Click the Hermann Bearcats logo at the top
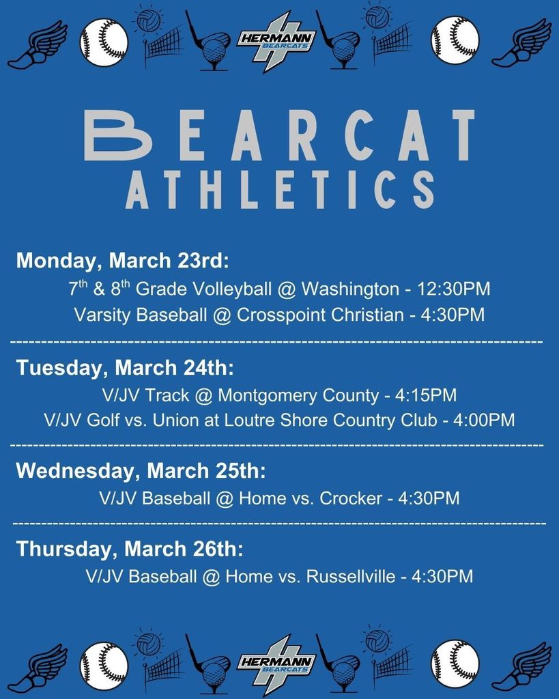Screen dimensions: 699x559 (x=276, y=40)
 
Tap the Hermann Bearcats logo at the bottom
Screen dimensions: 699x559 (x=276, y=662)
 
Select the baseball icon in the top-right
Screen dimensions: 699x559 (x=455, y=40)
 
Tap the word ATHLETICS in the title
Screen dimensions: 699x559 (x=280, y=189)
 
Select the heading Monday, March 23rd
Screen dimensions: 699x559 (x=123, y=260)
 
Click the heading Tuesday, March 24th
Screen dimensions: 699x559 (x=125, y=367)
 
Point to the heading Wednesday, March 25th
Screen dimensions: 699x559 (x=141, y=470)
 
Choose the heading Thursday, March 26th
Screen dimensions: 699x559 (x=130, y=549)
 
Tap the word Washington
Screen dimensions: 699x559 (x=349, y=289)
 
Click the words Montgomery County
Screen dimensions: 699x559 (x=298, y=395)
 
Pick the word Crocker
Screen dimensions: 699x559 (x=351, y=498)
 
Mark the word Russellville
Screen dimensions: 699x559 (x=351, y=576)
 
